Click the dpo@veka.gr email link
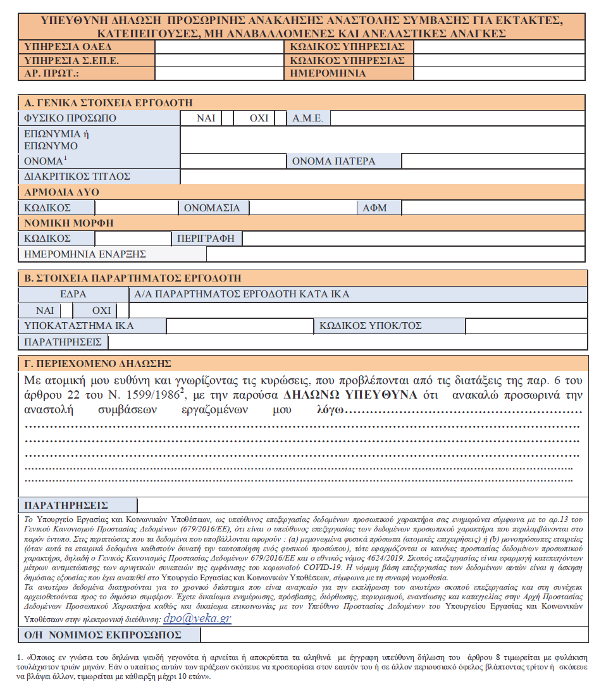197,618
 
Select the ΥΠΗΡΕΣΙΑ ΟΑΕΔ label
58,47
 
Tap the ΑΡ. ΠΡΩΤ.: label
50,73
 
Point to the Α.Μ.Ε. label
307,118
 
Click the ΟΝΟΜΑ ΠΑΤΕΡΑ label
333,161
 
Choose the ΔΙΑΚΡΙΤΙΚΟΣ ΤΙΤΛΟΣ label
76,177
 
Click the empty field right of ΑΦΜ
493,208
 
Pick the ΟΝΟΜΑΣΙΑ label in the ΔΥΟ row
212,208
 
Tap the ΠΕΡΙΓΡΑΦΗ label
206,239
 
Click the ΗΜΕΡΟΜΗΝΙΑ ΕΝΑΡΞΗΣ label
85,254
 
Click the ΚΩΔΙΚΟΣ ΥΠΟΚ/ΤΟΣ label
370,326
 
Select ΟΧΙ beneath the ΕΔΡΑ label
101,311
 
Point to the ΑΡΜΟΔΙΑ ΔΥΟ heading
61,192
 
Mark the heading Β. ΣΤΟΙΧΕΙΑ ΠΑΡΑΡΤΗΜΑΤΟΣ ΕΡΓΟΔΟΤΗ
132,278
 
